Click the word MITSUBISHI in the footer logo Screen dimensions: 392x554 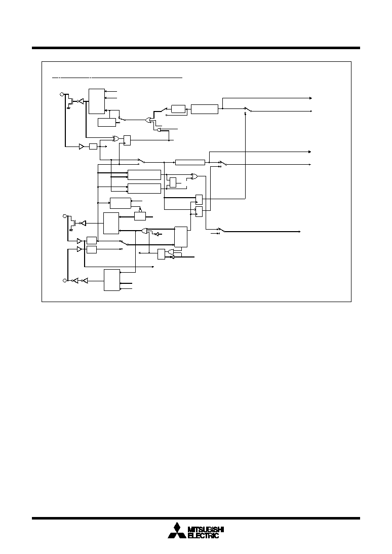[206, 530]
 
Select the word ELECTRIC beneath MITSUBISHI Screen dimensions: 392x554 [203, 536]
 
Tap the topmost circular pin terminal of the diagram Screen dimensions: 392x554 [62, 94]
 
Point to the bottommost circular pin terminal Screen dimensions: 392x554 [64, 280]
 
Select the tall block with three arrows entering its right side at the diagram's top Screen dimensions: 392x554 [97, 101]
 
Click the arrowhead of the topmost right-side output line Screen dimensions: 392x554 [310, 98]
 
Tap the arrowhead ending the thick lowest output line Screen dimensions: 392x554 [299, 232]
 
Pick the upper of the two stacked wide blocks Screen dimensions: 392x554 [144, 175]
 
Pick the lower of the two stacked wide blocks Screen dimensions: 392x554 [144, 189]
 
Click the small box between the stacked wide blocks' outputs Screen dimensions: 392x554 [173, 182]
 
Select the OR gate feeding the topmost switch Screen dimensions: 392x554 [149, 120]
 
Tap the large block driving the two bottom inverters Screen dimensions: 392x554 [112, 280]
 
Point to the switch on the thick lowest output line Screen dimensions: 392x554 [220, 230]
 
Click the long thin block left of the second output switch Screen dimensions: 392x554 [190, 163]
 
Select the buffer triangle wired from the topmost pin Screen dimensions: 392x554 [82, 146]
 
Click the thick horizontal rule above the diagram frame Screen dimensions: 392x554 [196, 48]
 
